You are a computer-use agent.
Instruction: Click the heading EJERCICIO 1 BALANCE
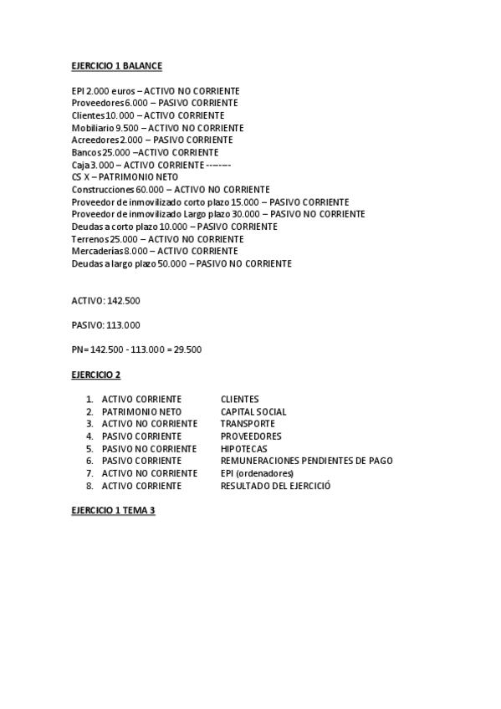click(116, 65)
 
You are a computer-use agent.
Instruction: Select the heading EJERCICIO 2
click(96, 375)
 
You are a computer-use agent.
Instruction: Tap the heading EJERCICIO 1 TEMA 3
click(113, 510)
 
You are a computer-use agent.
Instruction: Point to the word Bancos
click(86, 153)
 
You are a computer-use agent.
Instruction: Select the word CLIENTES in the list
click(239, 400)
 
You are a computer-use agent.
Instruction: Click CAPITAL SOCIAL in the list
click(253, 411)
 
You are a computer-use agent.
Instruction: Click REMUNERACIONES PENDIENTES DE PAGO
click(306, 461)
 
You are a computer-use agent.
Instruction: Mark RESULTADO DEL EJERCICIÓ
click(275, 486)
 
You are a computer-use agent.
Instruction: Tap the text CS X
click(80, 177)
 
